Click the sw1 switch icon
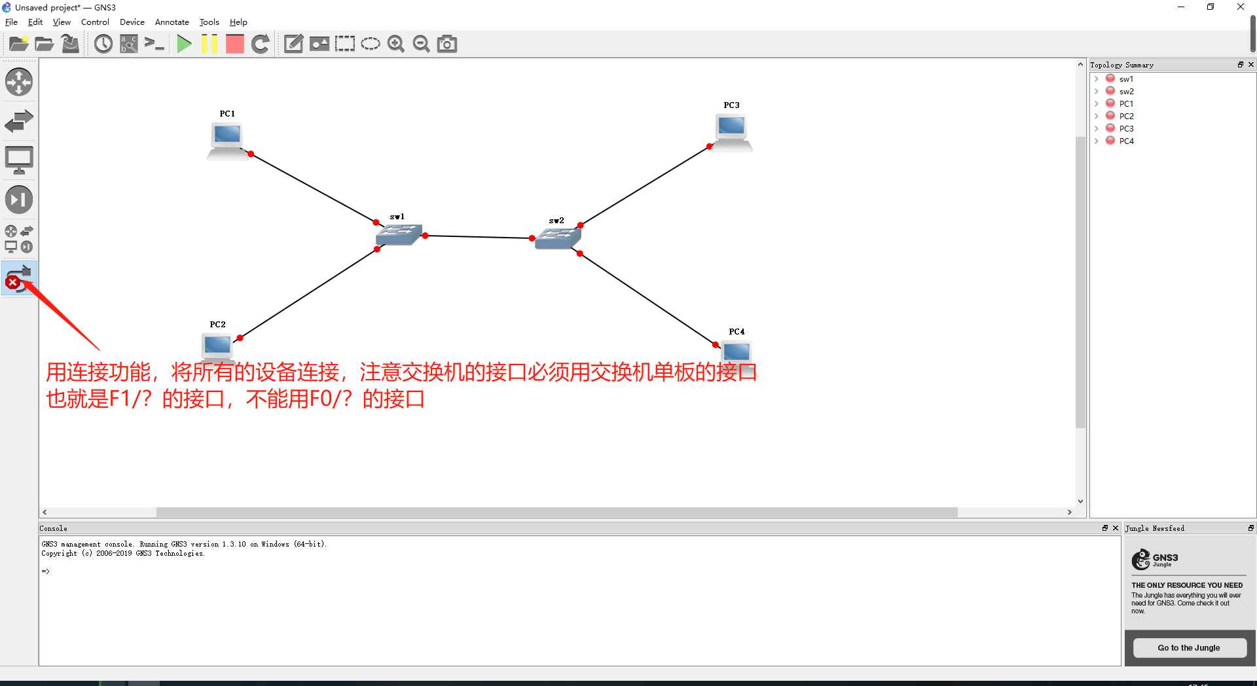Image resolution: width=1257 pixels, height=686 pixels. (398, 234)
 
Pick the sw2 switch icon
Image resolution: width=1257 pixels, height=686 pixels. (557, 238)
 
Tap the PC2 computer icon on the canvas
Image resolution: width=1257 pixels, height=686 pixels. (217, 345)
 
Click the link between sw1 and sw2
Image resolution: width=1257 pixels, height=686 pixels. (478, 237)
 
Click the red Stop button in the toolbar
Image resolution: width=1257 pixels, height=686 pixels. (234, 44)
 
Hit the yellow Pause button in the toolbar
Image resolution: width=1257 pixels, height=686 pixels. (209, 44)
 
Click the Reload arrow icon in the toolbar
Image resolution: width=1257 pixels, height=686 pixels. (261, 44)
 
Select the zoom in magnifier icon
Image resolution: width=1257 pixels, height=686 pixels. (395, 44)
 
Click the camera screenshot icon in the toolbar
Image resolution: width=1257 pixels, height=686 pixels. (447, 44)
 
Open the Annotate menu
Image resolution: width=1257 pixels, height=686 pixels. (172, 22)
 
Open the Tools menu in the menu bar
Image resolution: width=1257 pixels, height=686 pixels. (209, 22)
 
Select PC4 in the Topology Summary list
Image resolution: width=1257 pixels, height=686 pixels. (1126, 141)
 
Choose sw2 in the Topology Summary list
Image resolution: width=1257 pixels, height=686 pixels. (1126, 92)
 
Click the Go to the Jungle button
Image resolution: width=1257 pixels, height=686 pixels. (1189, 648)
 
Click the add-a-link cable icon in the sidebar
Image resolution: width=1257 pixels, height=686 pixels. (19, 278)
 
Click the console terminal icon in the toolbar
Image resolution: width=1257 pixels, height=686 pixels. (155, 44)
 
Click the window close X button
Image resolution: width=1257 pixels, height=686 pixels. (1241, 7)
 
